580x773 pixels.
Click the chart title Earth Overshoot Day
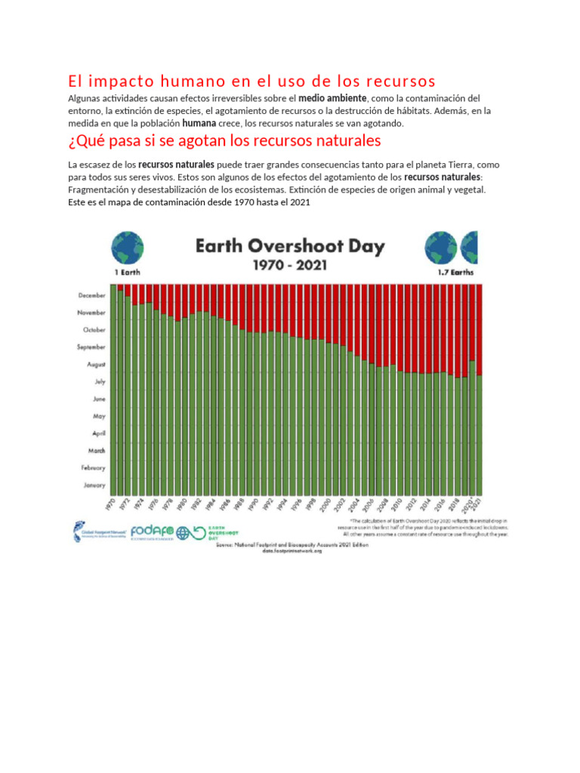pyautogui.click(x=291, y=246)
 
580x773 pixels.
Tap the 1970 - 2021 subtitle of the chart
pyautogui.click(x=291, y=266)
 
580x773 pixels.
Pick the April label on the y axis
pyautogui.click(x=98, y=433)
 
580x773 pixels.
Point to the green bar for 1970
pyautogui.click(x=113, y=389)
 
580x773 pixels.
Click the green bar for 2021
pyautogui.click(x=480, y=435)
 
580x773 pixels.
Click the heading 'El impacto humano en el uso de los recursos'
pyautogui.click(x=251, y=81)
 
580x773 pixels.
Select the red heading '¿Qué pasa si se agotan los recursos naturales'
pyautogui.click(x=224, y=141)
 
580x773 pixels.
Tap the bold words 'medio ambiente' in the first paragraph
pyautogui.click(x=332, y=99)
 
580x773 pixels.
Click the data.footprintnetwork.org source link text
pyautogui.click(x=292, y=551)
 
